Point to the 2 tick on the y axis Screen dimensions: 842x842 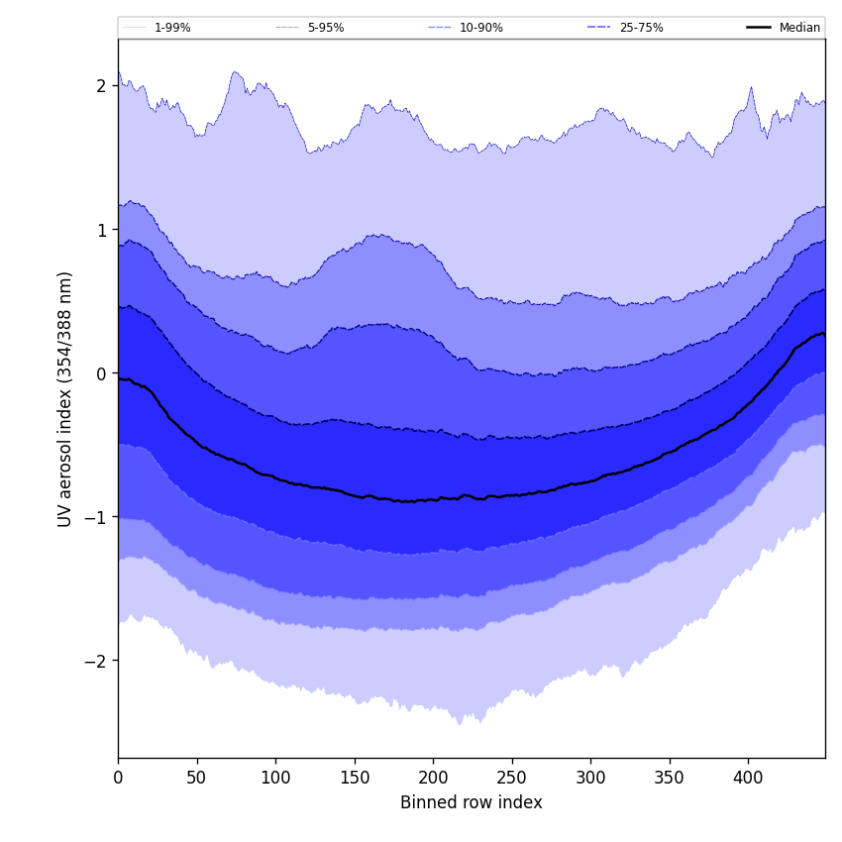click(x=101, y=86)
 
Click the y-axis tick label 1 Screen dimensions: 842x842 click(x=101, y=230)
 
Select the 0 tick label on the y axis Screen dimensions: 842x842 click(x=101, y=373)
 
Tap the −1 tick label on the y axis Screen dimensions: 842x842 click(x=95, y=517)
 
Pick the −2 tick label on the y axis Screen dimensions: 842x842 click(x=95, y=661)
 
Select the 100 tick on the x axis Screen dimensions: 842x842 click(x=275, y=778)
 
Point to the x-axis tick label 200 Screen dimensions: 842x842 click(x=433, y=778)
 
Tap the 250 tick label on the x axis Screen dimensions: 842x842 click(x=512, y=778)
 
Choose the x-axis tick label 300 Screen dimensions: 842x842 click(x=590, y=778)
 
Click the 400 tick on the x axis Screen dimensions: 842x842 click(x=748, y=778)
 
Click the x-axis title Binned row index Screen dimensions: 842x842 click(x=472, y=802)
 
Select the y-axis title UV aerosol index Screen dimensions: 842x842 click(x=65, y=398)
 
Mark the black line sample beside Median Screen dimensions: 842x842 click(x=760, y=28)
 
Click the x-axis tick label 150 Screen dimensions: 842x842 click(x=355, y=778)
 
